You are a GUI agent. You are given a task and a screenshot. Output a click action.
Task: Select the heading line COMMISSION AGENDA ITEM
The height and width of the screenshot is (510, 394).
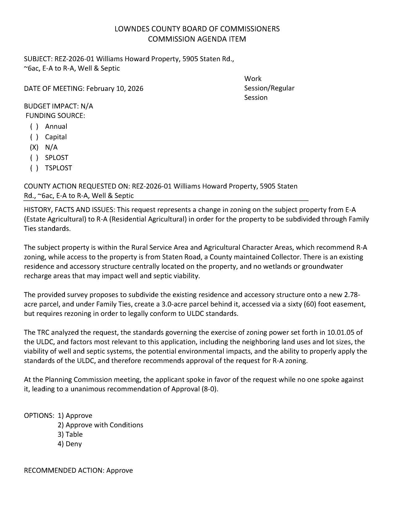[197, 39]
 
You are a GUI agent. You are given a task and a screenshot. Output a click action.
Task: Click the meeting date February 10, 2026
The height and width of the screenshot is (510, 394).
[115, 89]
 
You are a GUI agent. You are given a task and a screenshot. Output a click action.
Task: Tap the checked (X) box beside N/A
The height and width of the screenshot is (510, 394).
[34, 147]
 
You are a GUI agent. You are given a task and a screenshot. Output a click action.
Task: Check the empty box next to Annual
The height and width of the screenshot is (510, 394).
[34, 126]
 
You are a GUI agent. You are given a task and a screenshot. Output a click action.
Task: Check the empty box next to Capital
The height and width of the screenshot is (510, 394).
[34, 137]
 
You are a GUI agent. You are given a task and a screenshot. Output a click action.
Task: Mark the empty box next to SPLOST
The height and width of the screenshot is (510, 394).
[34, 158]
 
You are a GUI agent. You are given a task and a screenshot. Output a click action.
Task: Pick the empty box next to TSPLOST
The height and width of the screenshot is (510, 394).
[34, 168]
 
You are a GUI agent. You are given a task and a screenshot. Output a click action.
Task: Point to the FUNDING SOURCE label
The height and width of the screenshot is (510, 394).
[55, 116]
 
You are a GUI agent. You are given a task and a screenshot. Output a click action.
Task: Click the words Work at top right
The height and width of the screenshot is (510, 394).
[253, 79]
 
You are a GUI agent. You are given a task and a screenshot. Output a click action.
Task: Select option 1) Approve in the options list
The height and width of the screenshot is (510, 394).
[75, 416]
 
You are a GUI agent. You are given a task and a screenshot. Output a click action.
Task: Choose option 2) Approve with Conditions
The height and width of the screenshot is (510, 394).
[100, 425]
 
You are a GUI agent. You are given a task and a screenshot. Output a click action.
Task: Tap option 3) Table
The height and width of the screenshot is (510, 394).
[70, 435]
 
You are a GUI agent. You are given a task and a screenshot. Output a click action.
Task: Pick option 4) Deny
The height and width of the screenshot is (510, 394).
[70, 444]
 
